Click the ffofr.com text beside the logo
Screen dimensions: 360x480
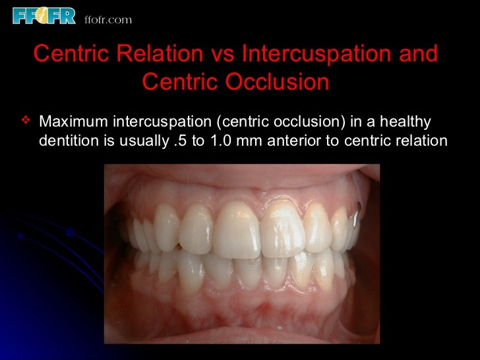click(x=108, y=19)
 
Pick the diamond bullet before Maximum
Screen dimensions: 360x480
click(x=26, y=121)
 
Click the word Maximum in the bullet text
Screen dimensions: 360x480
click(x=73, y=122)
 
